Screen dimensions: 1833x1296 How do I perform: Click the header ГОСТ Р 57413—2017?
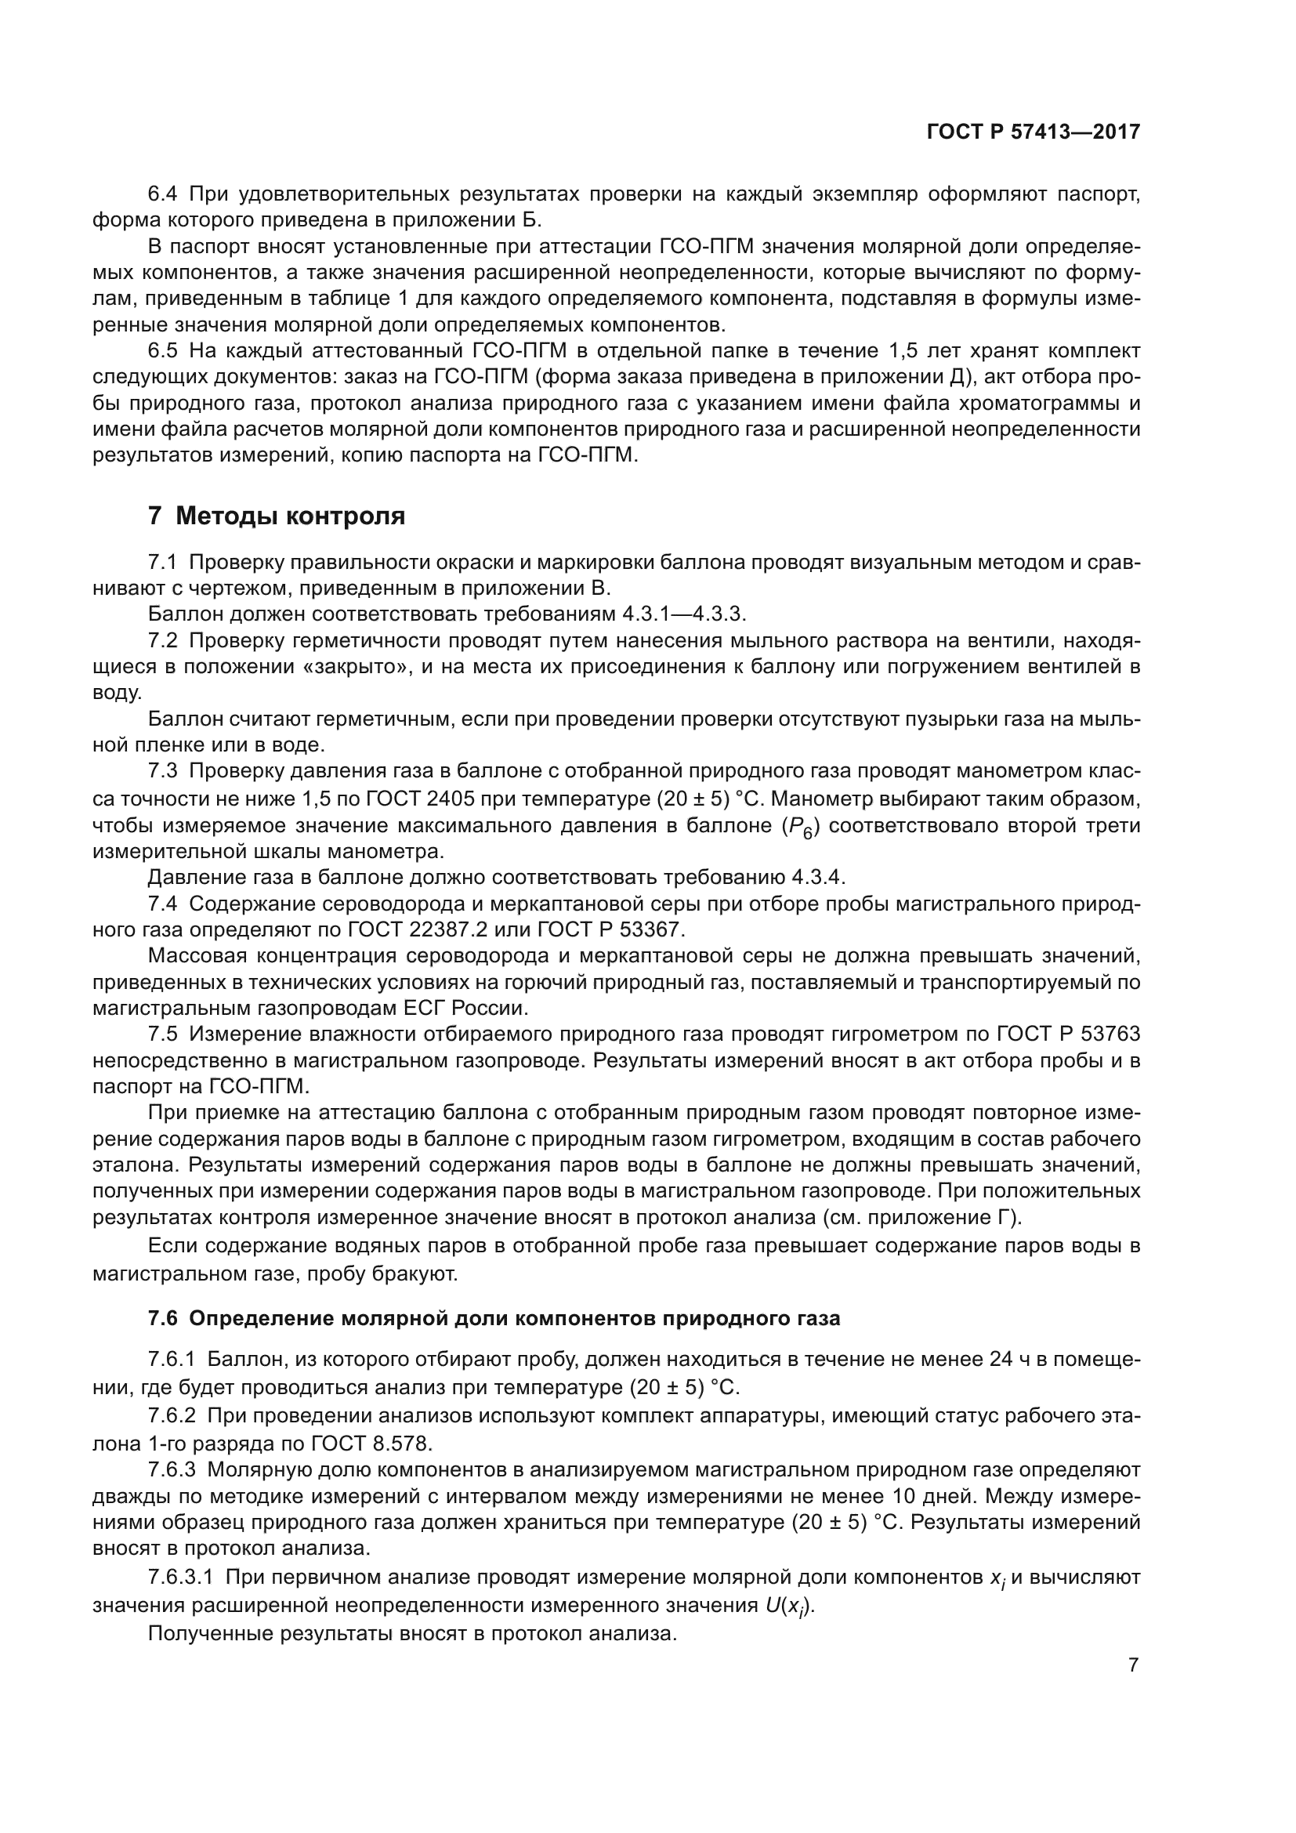point(1033,132)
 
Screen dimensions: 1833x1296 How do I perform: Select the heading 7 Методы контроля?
point(276,516)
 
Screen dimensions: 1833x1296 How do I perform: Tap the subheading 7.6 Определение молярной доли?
point(494,1318)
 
